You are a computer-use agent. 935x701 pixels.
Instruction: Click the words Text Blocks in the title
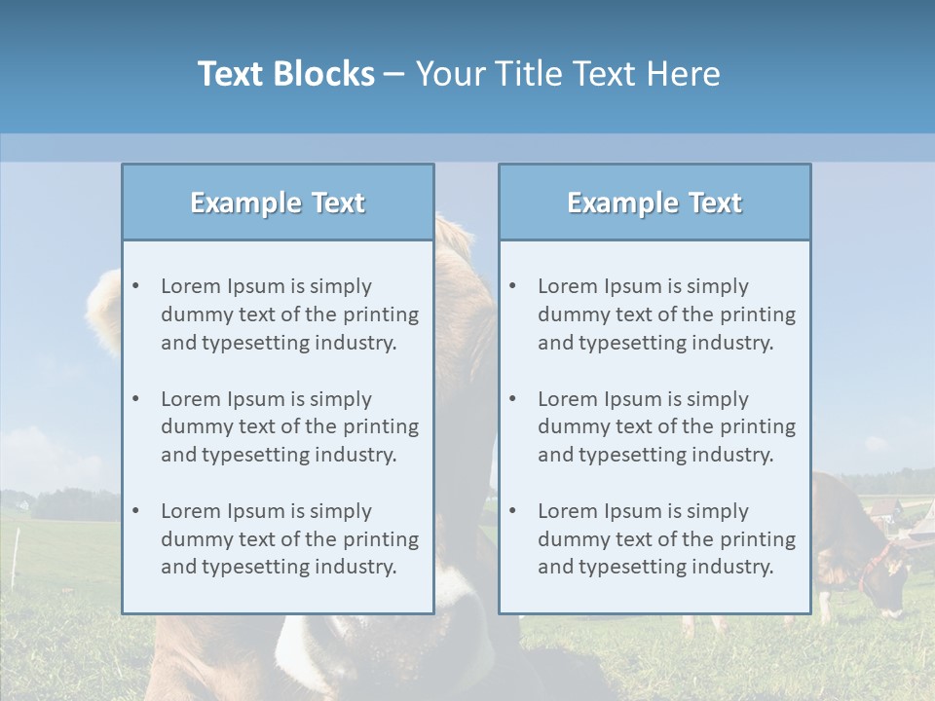click(285, 74)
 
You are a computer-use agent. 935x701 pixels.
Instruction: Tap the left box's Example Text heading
click(278, 203)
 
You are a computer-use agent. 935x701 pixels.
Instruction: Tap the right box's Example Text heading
click(654, 203)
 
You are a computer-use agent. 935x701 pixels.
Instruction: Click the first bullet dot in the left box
click(136, 286)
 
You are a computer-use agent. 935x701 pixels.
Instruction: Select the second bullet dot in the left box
click(136, 399)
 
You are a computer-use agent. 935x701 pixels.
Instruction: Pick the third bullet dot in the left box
click(136, 511)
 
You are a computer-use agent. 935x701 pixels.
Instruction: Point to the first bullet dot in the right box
click(513, 286)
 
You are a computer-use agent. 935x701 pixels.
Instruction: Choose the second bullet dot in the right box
click(513, 399)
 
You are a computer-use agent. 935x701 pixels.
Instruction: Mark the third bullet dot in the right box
click(513, 511)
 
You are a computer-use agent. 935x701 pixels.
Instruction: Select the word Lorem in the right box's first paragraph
click(567, 286)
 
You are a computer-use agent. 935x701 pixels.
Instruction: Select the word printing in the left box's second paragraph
click(383, 426)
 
